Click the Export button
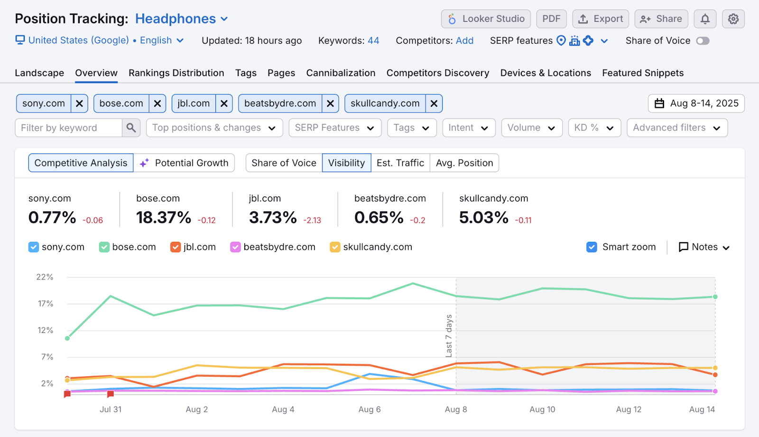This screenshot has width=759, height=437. (x=600, y=19)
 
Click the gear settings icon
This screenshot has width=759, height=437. (x=733, y=19)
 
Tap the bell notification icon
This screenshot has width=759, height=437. (x=705, y=19)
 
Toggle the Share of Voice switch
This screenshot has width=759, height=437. (x=703, y=41)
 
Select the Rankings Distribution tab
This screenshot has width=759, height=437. (x=176, y=73)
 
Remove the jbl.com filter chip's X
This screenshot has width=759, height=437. (x=224, y=104)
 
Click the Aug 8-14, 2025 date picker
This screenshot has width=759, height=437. (x=696, y=104)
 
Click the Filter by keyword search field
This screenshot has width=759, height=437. (x=69, y=128)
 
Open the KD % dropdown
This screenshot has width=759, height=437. (x=594, y=128)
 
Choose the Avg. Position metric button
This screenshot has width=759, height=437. (x=464, y=163)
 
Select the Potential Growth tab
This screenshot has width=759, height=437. (x=185, y=163)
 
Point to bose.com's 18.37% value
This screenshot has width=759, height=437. (x=164, y=218)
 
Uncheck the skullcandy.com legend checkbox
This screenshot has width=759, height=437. (x=335, y=247)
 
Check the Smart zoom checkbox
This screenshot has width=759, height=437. (x=592, y=247)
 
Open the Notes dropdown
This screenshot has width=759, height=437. (x=704, y=247)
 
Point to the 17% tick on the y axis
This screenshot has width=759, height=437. (x=46, y=304)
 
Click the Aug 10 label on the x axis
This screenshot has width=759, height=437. (x=542, y=409)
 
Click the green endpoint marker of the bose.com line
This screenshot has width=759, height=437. (x=715, y=297)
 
